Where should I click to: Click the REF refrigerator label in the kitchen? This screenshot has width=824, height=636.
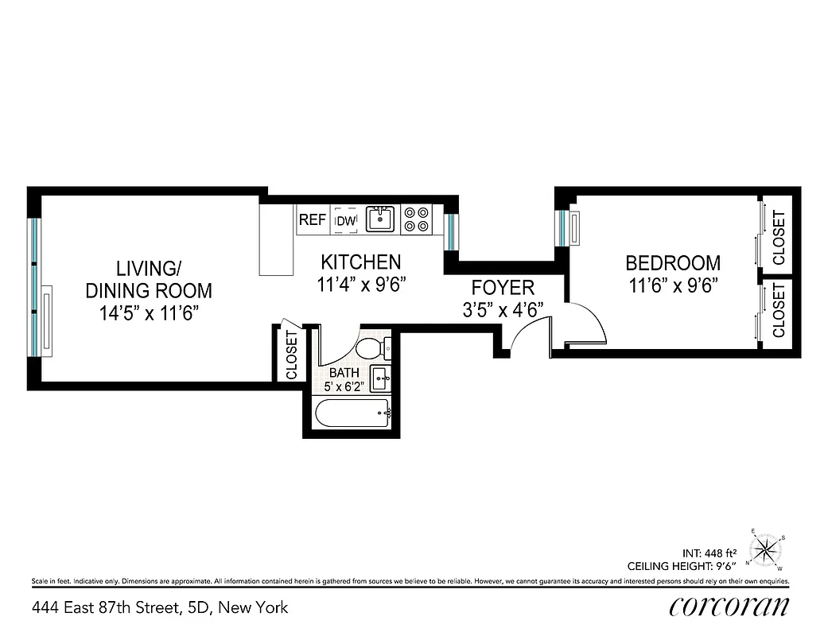coord(312,219)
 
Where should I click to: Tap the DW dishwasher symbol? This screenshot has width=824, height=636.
coord(346,220)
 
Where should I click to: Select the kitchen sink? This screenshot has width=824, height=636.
coord(380,219)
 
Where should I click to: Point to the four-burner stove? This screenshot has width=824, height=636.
coord(416,219)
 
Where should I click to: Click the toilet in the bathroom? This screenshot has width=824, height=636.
coord(370,348)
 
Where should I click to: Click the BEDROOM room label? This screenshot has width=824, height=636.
coord(673,262)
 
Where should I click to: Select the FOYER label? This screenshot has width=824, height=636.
coord(503,287)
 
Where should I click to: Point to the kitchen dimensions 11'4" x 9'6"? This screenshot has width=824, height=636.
coord(362,284)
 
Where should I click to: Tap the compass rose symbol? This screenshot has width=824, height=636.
coord(767,548)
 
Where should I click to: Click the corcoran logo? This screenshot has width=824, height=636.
coord(730,607)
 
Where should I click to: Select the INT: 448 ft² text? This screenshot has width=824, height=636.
coord(709,552)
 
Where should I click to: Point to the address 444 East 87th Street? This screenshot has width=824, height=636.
coord(160,608)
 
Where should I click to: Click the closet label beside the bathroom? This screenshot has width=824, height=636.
coord(291,355)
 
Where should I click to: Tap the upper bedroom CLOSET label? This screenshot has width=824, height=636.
coord(779,238)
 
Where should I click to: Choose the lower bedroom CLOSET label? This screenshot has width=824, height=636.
coord(779,310)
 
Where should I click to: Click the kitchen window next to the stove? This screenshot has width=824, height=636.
coord(450,231)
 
